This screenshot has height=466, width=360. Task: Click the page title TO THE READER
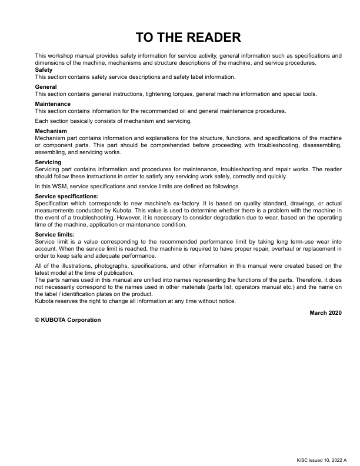[188, 38]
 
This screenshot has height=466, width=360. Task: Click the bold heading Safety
[44, 70]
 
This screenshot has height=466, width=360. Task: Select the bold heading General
[46, 87]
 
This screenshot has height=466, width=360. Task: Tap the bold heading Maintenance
[52, 104]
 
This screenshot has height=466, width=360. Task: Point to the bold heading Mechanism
[51, 131]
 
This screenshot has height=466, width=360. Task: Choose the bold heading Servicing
[48, 162]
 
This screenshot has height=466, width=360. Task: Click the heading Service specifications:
[67, 196]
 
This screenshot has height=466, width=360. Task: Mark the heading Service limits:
[55, 234]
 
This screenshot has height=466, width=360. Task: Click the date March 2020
[325, 312]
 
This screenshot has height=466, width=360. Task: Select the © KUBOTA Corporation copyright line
[68, 320]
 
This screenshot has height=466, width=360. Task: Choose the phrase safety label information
[203, 76]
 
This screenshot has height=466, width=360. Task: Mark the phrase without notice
[218, 301]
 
